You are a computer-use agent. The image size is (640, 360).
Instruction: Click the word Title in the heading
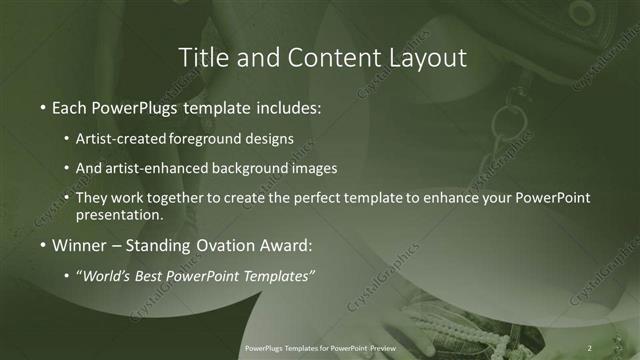point(199,58)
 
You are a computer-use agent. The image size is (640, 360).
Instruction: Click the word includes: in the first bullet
point(290,106)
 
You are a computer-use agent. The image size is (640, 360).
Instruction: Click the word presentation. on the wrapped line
point(120,214)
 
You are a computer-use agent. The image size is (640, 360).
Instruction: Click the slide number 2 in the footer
point(591,349)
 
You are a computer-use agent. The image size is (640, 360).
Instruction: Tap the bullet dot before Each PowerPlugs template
point(42,107)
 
